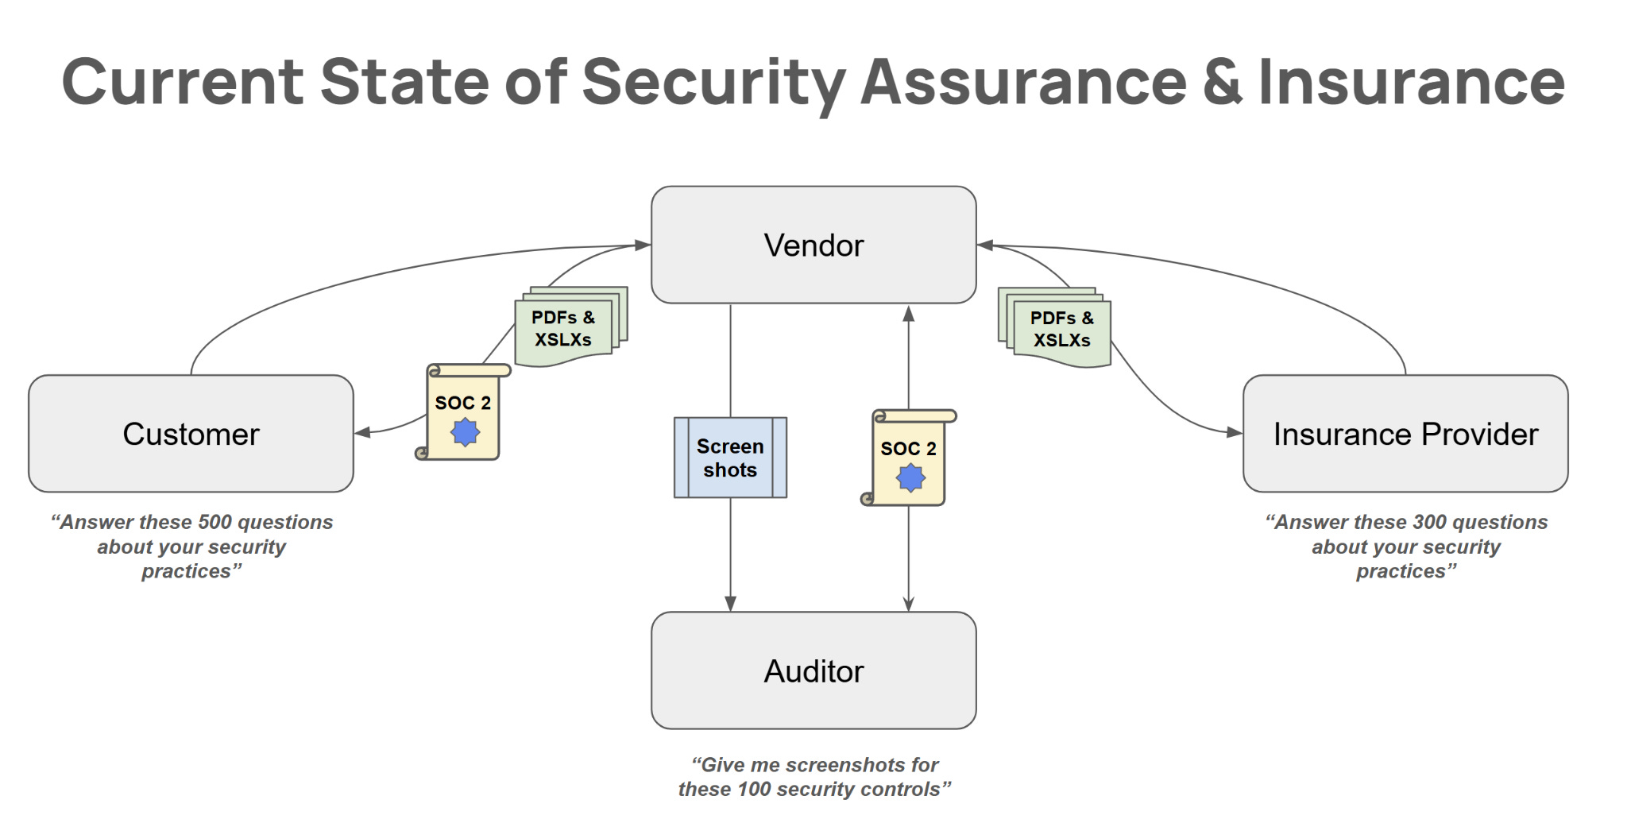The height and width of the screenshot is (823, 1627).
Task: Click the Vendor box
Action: click(813, 245)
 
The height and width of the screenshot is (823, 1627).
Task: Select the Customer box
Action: click(191, 434)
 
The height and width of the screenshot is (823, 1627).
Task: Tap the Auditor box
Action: click(813, 670)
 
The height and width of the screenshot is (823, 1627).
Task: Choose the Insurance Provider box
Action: click(1405, 434)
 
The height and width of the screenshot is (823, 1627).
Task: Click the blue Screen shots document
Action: click(730, 458)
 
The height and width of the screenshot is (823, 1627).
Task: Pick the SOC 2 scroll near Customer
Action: click(462, 411)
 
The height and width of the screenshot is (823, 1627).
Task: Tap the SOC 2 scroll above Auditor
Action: click(909, 458)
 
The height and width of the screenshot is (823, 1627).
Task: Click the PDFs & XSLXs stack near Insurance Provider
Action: click(1057, 328)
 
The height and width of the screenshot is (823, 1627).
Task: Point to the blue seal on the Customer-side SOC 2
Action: click(465, 432)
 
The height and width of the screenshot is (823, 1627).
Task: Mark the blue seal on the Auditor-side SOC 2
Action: click(910, 477)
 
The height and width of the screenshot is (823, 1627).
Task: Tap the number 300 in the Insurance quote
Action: click(1429, 522)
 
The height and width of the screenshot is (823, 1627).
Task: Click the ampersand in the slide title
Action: click(1222, 82)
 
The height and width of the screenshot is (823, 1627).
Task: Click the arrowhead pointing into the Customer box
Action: click(362, 432)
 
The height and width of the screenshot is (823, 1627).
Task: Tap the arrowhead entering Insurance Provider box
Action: click(1235, 432)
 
